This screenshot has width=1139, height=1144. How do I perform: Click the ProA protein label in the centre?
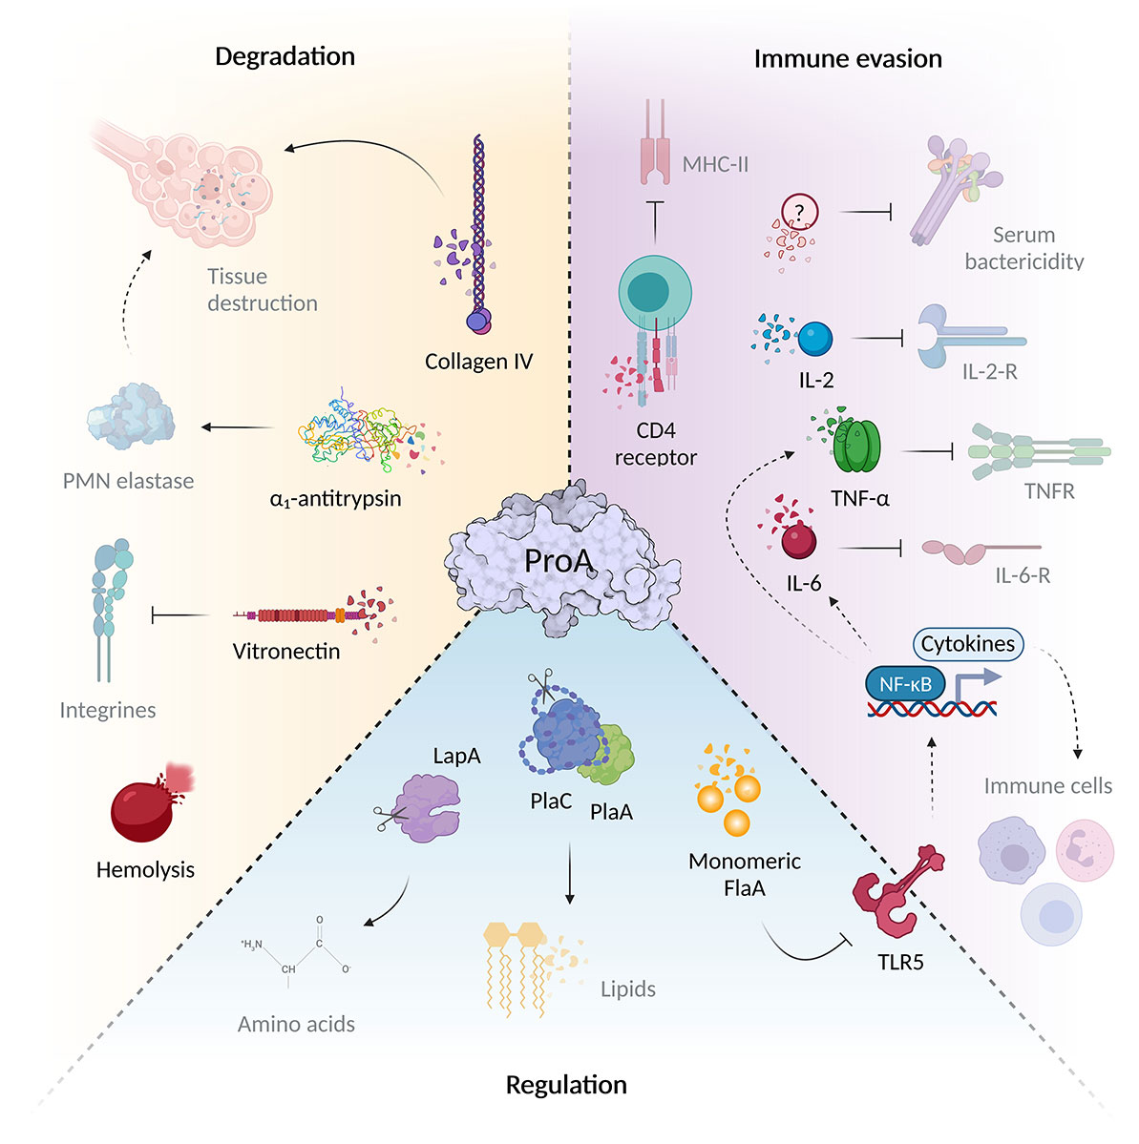pos(559,561)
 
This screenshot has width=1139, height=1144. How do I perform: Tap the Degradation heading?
pos(285,56)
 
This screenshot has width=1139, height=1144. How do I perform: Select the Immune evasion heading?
pos(847,59)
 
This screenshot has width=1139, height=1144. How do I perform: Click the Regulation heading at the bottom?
pos(566,1085)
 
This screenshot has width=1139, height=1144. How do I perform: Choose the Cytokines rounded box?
pos(967,644)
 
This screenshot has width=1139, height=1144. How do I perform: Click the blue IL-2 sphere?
pos(814,339)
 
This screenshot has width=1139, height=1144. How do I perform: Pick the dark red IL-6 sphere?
pos(798,541)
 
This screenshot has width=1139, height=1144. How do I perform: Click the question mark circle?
pos(800,212)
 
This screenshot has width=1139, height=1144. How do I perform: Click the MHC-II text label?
pos(715,164)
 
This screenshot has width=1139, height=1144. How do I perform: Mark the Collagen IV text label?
pos(478,362)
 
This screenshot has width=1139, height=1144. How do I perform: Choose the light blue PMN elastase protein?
pos(131,417)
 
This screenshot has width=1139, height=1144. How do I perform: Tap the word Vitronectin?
pos(286,652)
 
